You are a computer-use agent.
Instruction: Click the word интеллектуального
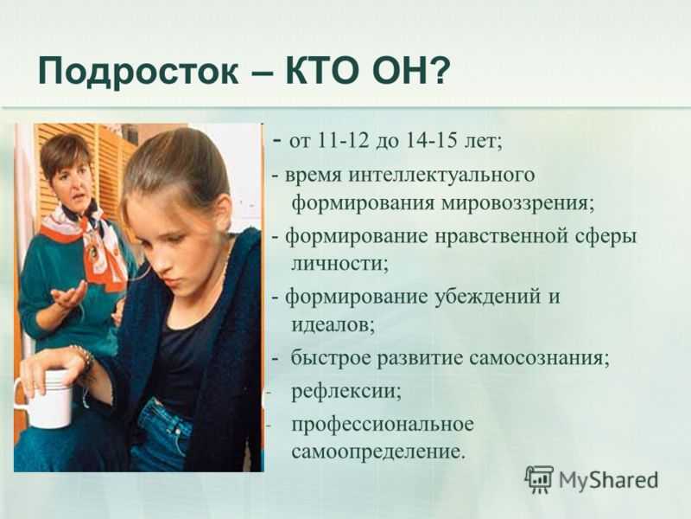[x=441, y=175]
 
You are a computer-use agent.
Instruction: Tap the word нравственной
[x=502, y=236]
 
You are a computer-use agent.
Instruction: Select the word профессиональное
[x=383, y=425]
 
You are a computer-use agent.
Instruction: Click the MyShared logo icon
[x=538, y=479]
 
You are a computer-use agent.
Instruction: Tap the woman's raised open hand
[x=69, y=294]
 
